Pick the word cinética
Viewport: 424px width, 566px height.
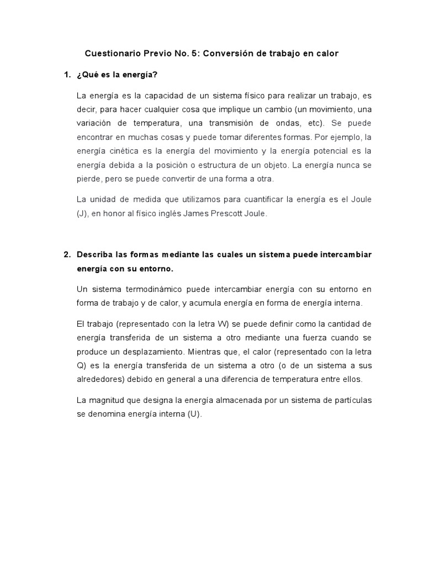(x=120, y=150)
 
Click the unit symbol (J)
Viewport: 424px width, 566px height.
(x=82, y=213)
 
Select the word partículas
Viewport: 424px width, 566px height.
(x=352, y=400)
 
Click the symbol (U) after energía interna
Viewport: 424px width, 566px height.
(x=196, y=413)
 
